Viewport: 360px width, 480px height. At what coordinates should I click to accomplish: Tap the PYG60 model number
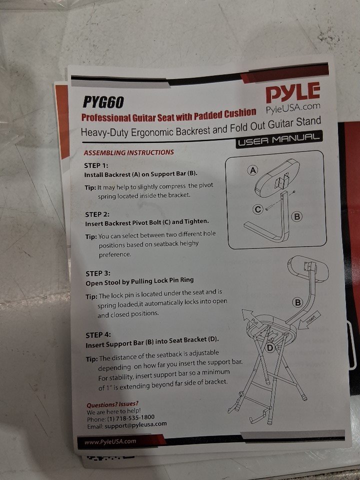click(103, 102)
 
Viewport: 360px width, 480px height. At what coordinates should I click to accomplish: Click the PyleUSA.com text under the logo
click(293, 108)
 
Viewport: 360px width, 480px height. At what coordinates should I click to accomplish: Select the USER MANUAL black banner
click(279, 139)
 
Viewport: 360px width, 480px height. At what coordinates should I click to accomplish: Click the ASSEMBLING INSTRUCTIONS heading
click(129, 152)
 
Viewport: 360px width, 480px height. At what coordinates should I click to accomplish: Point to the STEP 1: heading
click(96, 165)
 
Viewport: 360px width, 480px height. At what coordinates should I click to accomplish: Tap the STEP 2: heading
click(97, 214)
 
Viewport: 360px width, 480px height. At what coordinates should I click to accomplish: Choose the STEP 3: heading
click(98, 273)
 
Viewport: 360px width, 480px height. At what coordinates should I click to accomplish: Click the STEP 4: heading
click(98, 335)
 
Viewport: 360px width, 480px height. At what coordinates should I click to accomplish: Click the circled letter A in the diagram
click(253, 170)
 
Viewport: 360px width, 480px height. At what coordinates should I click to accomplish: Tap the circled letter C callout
click(258, 209)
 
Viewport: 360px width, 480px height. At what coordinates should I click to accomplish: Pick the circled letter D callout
click(269, 348)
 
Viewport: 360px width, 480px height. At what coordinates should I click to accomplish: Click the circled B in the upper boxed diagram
click(296, 216)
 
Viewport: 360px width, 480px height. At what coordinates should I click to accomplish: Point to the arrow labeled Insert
click(309, 320)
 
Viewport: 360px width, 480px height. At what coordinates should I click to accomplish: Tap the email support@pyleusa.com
click(135, 425)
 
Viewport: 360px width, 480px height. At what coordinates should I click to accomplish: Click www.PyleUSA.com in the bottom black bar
click(110, 441)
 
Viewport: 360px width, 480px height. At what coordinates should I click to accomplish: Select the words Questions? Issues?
click(112, 404)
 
